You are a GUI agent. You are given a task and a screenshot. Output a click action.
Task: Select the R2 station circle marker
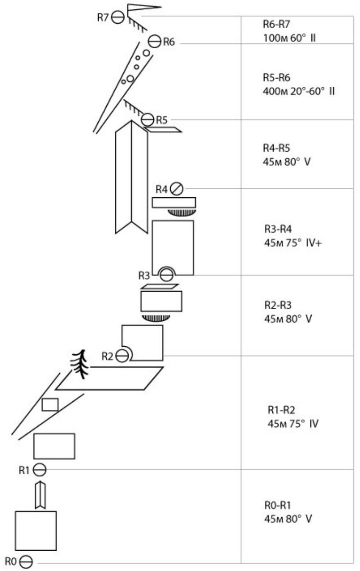click(x=122, y=356)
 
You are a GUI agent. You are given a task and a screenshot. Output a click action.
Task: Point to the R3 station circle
click(x=166, y=275)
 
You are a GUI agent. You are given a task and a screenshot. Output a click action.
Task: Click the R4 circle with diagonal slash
click(x=177, y=188)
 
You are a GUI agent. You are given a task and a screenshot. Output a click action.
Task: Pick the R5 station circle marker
click(x=147, y=119)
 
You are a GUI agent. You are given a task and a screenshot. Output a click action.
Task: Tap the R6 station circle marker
click(x=155, y=41)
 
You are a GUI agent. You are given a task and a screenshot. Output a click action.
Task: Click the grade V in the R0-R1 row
click(x=309, y=519)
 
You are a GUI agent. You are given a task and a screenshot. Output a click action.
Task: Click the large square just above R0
click(x=36, y=530)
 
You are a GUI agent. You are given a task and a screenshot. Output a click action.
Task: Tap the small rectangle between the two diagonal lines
click(x=50, y=404)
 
